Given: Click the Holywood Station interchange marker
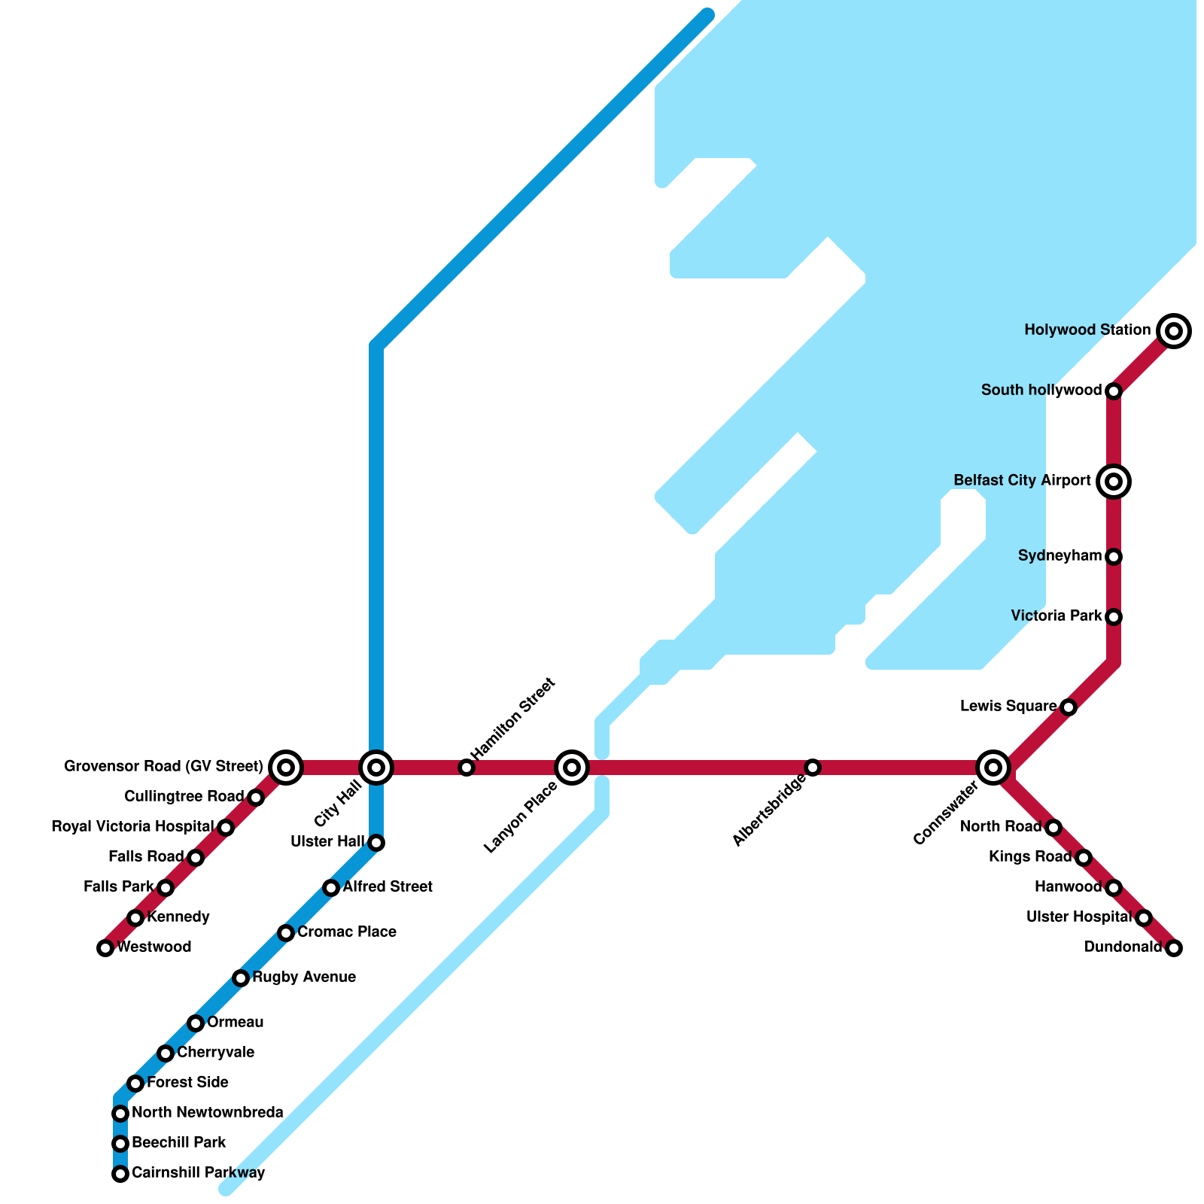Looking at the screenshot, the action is (x=1174, y=331).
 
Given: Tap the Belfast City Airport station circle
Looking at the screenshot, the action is (x=1114, y=482).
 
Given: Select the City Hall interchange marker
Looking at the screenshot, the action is (x=376, y=768).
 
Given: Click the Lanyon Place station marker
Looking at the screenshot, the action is (x=572, y=768).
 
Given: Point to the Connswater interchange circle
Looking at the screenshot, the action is (x=993, y=768).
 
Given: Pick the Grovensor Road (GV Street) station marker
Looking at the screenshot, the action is (x=286, y=768).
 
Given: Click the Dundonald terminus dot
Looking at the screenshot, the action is (x=1174, y=948).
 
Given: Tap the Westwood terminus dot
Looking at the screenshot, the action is (x=105, y=948).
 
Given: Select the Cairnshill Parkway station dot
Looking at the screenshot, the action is (x=120, y=1174).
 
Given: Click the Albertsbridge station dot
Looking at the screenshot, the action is (x=813, y=768).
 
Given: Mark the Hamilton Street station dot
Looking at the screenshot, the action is (x=467, y=768).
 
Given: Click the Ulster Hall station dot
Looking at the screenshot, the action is (x=376, y=843).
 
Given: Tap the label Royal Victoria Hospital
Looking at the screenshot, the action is (x=132, y=827).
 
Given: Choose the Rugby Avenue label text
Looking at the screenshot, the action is (x=304, y=977).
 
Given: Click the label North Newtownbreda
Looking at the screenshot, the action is (x=208, y=1113).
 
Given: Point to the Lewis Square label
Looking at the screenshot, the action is (x=1008, y=707).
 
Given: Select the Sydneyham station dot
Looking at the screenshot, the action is (x=1114, y=557).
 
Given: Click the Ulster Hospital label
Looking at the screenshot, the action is (x=1079, y=917).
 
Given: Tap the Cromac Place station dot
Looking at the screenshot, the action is (x=286, y=933).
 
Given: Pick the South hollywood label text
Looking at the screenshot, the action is (x=1041, y=391).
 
